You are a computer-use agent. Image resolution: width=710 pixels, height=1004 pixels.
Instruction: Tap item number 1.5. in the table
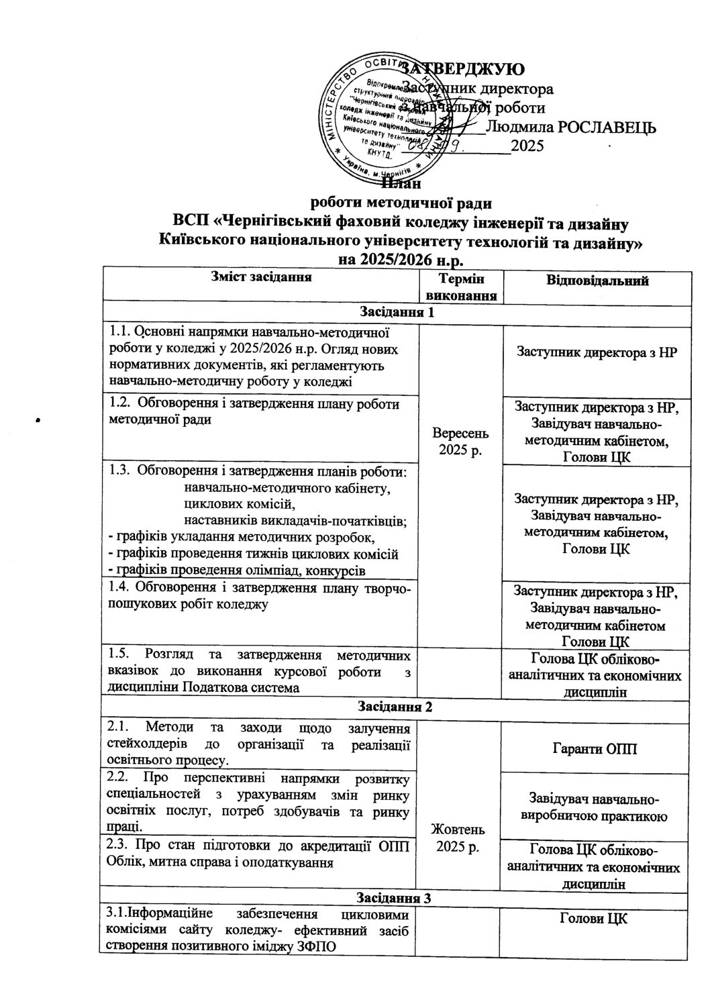coord(119,653)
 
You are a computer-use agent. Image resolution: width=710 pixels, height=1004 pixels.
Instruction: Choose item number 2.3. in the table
coord(120,845)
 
